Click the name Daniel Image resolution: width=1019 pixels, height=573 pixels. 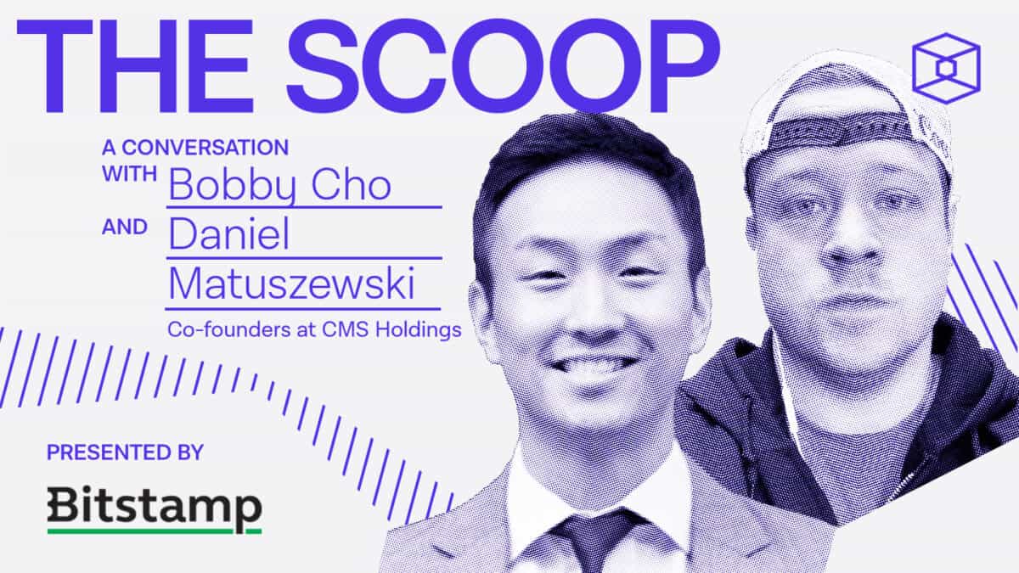[228, 235]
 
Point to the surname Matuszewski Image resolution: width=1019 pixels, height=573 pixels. [291, 286]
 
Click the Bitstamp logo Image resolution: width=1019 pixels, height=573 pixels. [154, 507]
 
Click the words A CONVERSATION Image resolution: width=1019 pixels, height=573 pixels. [194, 147]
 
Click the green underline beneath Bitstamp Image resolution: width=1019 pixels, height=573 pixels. [154, 531]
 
